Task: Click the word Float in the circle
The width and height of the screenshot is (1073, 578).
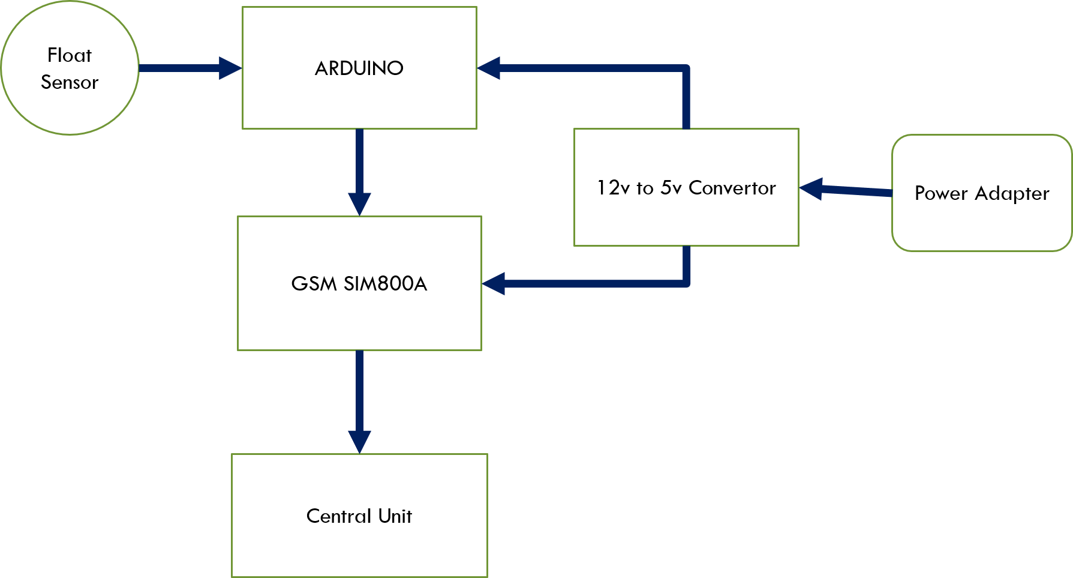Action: pyautogui.click(x=70, y=55)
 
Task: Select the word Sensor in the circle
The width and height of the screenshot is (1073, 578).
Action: pyautogui.click(x=70, y=82)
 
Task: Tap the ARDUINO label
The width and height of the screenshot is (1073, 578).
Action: pyautogui.click(x=359, y=68)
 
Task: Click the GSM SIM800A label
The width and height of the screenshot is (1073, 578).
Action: pyautogui.click(x=359, y=283)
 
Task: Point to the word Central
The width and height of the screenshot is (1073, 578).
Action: pyautogui.click(x=339, y=516)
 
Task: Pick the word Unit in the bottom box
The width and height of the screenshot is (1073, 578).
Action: pyautogui.click(x=395, y=516)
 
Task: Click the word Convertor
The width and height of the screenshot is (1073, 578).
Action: pyautogui.click(x=732, y=188)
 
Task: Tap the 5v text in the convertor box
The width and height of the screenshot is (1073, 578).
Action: pyautogui.click(x=671, y=188)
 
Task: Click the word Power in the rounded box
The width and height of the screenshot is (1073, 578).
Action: pyautogui.click(x=941, y=193)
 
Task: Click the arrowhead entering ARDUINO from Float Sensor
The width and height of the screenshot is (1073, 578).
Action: pyautogui.click(x=230, y=68)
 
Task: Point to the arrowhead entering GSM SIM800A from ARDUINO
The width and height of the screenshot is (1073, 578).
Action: pyautogui.click(x=359, y=204)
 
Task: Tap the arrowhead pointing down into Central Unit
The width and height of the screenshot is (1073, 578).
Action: pyautogui.click(x=359, y=442)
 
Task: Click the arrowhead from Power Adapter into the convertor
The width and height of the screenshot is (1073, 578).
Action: pyautogui.click(x=811, y=188)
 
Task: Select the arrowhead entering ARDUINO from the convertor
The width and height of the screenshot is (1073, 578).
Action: pyautogui.click(x=489, y=68)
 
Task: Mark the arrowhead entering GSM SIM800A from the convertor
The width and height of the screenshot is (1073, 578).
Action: pyautogui.click(x=494, y=283)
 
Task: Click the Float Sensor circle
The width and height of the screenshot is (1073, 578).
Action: pyautogui.click(x=70, y=108)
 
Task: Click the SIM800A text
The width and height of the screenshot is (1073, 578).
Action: pyautogui.click(x=385, y=283)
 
